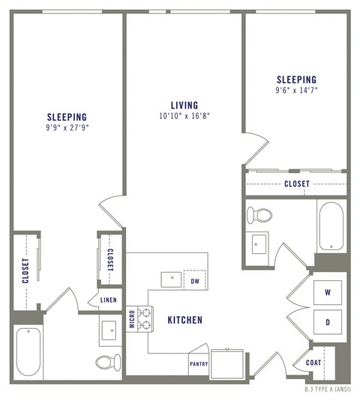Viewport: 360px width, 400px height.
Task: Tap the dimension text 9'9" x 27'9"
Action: (x=67, y=128)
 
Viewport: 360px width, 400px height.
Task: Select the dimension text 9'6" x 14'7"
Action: (x=296, y=91)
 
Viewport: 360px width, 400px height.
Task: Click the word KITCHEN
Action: (x=184, y=320)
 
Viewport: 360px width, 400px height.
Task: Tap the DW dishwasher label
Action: (x=195, y=282)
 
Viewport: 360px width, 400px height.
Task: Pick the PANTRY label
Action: (x=197, y=365)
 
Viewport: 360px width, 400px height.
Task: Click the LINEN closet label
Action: (x=109, y=300)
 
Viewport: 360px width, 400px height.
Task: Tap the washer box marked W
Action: (x=328, y=291)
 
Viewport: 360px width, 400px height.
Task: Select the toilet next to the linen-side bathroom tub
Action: (x=106, y=363)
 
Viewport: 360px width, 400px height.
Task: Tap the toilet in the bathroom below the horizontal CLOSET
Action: (x=260, y=215)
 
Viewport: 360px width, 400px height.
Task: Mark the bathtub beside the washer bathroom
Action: (x=330, y=225)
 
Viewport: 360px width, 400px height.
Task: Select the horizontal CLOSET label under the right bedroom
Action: (x=296, y=184)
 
